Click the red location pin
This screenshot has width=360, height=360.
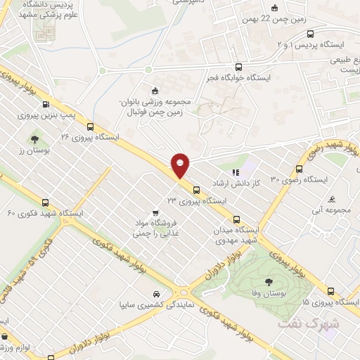(181, 165)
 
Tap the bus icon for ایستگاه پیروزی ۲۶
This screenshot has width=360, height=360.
(90, 127)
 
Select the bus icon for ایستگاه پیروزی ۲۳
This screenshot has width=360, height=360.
(195, 189)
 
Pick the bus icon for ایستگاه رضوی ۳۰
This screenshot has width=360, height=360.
(300, 169)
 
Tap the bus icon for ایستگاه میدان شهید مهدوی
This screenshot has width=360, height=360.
(236, 218)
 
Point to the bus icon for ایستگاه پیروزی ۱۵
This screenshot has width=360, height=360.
(330, 290)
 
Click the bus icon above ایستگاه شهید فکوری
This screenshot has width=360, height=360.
(46, 201)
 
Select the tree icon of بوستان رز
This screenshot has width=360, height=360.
(34, 139)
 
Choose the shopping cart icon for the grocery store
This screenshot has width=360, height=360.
(155, 212)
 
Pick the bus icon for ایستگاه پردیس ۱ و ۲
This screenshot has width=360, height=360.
(311, 34)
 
